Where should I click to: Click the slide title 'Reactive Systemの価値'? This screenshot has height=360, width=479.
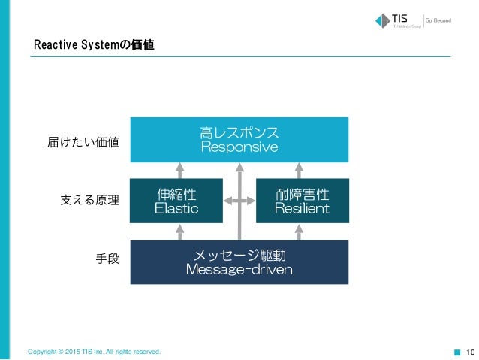(94, 47)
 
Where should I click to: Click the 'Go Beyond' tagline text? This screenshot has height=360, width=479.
(439, 20)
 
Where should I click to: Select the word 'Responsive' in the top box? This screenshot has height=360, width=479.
(239, 147)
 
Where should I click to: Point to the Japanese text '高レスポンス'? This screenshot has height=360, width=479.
(239, 132)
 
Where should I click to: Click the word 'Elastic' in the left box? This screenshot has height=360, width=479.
(176, 208)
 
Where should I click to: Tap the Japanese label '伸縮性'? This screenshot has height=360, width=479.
(176, 194)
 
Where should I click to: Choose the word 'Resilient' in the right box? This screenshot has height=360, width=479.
(302, 208)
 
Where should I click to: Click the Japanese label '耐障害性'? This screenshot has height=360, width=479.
(302, 194)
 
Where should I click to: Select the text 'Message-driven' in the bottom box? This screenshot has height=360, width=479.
(239, 269)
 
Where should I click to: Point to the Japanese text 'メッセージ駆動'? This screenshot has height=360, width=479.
(239, 255)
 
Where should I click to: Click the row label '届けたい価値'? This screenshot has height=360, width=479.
(83, 141)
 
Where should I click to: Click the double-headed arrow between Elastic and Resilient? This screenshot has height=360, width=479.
(239, 201)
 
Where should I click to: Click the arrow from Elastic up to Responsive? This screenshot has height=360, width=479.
(179, 171)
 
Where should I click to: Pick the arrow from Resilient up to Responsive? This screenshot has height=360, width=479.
(300, 171)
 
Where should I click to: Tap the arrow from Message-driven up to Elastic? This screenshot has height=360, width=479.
(179, 231)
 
